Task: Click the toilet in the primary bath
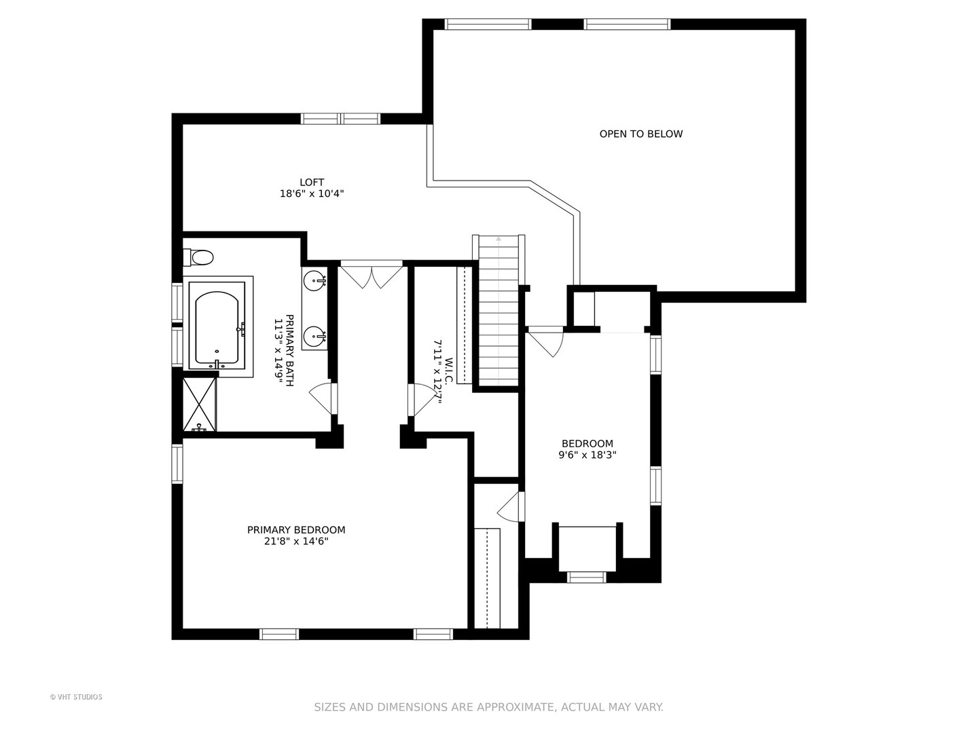[199, 257]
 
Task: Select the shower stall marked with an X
[200, 405]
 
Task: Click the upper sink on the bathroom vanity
[314, 278]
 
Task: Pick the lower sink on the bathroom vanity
[314, 335]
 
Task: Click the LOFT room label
[312, 182]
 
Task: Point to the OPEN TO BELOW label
[640, 134]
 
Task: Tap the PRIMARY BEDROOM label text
[296, 530]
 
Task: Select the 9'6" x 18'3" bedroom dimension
[587, 455]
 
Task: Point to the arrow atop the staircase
[499, 239]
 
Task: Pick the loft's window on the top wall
[340, 119]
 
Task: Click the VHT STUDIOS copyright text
[76, 697]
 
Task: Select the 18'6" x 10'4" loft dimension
[312, 193]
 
